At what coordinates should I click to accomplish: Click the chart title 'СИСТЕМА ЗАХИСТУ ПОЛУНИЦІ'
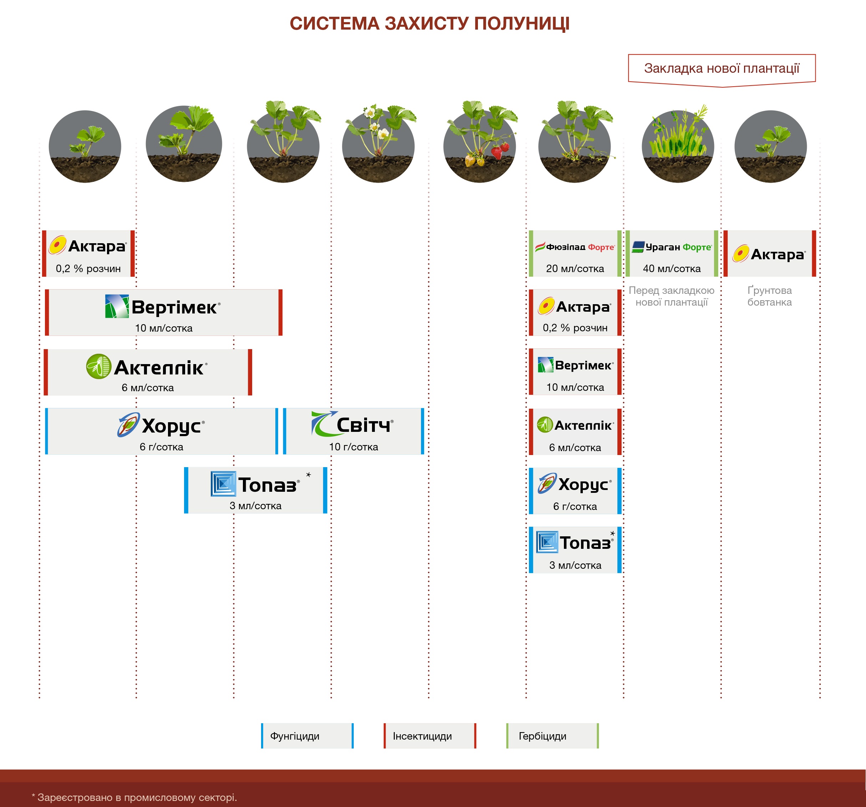[429, 24]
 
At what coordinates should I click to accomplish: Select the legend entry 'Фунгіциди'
[307, 736]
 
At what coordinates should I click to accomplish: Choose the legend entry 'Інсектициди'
[430, 736]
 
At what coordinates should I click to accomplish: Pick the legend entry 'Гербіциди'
[552, 736]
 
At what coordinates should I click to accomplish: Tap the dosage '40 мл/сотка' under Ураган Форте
[672, 269]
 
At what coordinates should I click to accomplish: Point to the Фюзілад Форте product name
[575, 247]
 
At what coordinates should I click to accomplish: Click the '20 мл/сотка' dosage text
[575, 269]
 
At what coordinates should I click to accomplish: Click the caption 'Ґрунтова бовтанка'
[770, 296]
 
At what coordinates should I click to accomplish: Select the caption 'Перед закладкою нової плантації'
[672, 296]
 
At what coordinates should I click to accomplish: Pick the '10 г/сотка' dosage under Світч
[353, 447]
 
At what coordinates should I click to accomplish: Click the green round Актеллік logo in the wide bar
[98, 366]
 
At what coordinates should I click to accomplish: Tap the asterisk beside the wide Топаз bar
[309, 475]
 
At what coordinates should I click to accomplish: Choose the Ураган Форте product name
[672, 247]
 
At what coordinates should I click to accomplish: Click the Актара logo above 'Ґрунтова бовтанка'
[769, 254]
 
